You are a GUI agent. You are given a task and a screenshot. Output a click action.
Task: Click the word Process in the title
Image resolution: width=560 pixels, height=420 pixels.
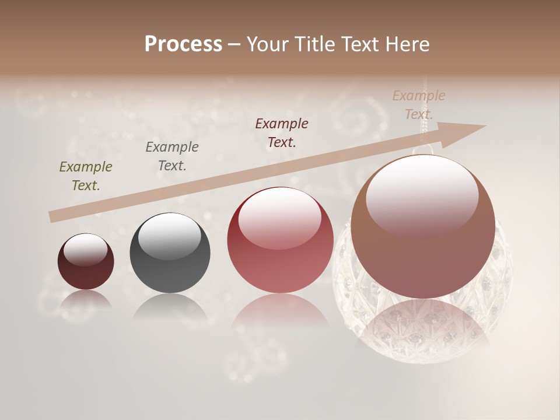(183, 44)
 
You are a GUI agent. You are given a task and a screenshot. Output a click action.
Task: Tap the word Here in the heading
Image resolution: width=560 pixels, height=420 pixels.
(407, 44)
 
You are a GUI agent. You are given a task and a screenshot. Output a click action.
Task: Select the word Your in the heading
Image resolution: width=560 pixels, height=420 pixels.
(266, 44)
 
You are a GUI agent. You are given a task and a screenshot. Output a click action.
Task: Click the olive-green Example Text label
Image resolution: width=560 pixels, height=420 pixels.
(86, 176)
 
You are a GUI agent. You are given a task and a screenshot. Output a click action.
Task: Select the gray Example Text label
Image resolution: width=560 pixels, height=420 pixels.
(172, 156)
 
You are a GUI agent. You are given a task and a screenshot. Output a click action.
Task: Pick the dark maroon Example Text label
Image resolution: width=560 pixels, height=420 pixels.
(282, 133)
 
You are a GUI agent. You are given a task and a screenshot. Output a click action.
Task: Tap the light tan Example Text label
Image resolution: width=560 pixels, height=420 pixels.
(419, 105)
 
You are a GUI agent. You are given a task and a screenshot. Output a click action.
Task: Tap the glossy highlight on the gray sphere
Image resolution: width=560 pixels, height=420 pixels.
(170, 236)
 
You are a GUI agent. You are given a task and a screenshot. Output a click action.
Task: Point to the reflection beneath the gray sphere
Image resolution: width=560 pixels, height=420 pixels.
(170, 306)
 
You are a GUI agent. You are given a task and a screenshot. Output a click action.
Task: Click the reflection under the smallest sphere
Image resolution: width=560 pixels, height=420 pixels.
(86, 299)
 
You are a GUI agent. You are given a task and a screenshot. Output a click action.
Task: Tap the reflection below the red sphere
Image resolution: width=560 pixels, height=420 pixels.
(280, 316)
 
